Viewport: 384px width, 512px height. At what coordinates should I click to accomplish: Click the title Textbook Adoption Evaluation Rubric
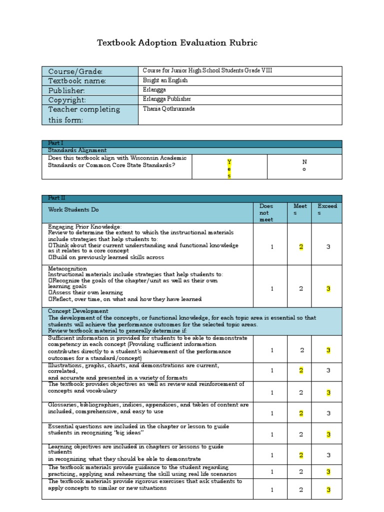coord(177,43)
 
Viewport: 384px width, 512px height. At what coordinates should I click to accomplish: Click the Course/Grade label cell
coord(75,71)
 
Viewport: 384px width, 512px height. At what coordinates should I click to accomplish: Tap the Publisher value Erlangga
coord(154,90)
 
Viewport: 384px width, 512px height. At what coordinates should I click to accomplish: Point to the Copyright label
coord(67,99)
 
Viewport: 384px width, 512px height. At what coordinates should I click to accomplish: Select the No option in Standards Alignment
coord(304,165)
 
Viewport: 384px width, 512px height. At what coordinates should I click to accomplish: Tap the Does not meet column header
coord(266,212)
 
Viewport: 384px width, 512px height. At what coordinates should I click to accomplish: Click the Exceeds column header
coord(327,209)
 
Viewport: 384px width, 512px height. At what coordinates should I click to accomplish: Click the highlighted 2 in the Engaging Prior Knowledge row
coord(301,246)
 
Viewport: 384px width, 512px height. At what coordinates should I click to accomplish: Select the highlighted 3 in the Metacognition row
coord(328,288)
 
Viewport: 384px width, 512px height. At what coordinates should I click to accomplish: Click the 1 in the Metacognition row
coord(272,288)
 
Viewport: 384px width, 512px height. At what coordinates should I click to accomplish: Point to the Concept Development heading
coord(78,311)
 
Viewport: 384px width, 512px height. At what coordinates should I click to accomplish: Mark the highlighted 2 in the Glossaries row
coord(301,413)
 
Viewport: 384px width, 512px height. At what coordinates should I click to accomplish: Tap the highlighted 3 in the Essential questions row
coord(328,434)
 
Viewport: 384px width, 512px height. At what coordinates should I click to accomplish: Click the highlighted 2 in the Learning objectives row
coord(301,455)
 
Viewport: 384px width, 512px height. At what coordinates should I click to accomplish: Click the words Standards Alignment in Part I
coord(77,150)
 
